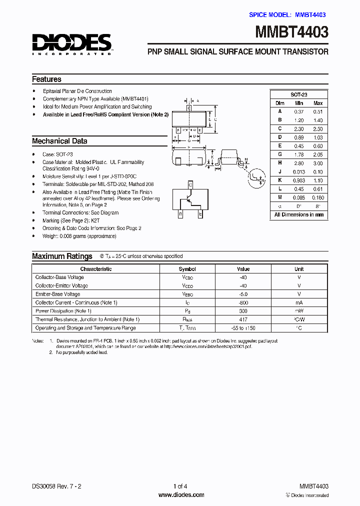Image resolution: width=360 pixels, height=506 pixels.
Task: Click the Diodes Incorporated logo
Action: [x=72, y=44]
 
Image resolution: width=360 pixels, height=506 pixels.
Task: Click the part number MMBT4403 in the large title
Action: [x=292, y=32]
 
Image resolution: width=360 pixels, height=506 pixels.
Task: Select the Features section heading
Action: [x=46, y=79]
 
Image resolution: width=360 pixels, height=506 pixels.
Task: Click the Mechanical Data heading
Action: [x=59, y=141]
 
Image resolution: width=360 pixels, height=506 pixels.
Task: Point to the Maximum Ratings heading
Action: [x=62, y=256]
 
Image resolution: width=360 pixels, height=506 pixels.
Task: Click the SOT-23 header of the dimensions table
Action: [x=299, y=94]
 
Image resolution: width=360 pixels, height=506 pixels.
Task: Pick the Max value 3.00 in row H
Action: [x=317, y=163]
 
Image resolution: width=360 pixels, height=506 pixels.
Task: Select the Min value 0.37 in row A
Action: [x=299, y=111]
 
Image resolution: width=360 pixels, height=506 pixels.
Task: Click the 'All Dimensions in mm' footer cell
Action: [x=299, y=215]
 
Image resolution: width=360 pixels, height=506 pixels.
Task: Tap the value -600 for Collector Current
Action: [x=243, y=302]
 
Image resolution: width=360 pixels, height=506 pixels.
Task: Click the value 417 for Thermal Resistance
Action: [x=243, y=319]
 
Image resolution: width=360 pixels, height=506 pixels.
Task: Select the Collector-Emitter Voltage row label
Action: [x=61, y=285]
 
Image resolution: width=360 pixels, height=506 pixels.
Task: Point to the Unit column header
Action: [x=299, y=269]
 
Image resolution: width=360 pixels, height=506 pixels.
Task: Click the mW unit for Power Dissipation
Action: [x=299, y=311]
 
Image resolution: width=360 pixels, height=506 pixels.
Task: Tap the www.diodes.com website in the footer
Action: [x=181, y=495]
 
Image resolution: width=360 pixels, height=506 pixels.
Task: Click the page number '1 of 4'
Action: [x=180, y=486]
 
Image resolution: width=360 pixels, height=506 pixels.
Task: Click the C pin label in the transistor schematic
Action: [x=189, y=184]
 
